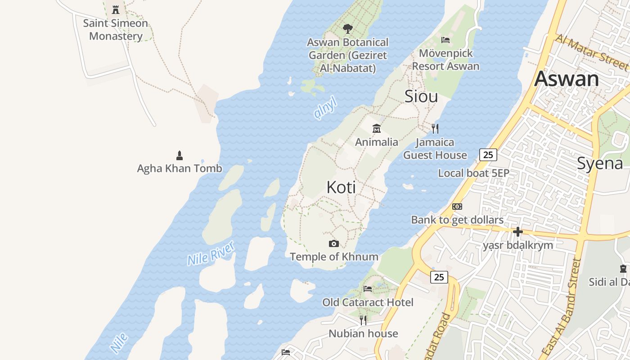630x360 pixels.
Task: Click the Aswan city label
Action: coord(567,79)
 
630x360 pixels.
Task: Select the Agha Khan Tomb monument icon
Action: coord(180,156)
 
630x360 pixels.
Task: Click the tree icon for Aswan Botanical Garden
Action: coord(347,29)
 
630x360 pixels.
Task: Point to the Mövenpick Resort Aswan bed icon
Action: coord(445,40)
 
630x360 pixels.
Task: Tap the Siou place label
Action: coord(421,96)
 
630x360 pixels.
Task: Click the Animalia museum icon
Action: coord(377,129)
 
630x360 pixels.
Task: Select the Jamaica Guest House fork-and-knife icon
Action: coord(435,129)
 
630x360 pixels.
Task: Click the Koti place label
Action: coord(341,187)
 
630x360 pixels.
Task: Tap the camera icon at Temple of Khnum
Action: coord(333,243)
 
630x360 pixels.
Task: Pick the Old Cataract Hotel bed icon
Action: coord(368,289)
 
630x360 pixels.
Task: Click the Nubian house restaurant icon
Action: coord(363,320)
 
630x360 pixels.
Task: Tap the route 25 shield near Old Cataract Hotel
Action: coord(439,277)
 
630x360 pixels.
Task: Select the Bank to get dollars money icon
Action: coord(457,207)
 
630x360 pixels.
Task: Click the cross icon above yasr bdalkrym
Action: coord(518,232)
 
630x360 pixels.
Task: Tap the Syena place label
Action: coord(600,163)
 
